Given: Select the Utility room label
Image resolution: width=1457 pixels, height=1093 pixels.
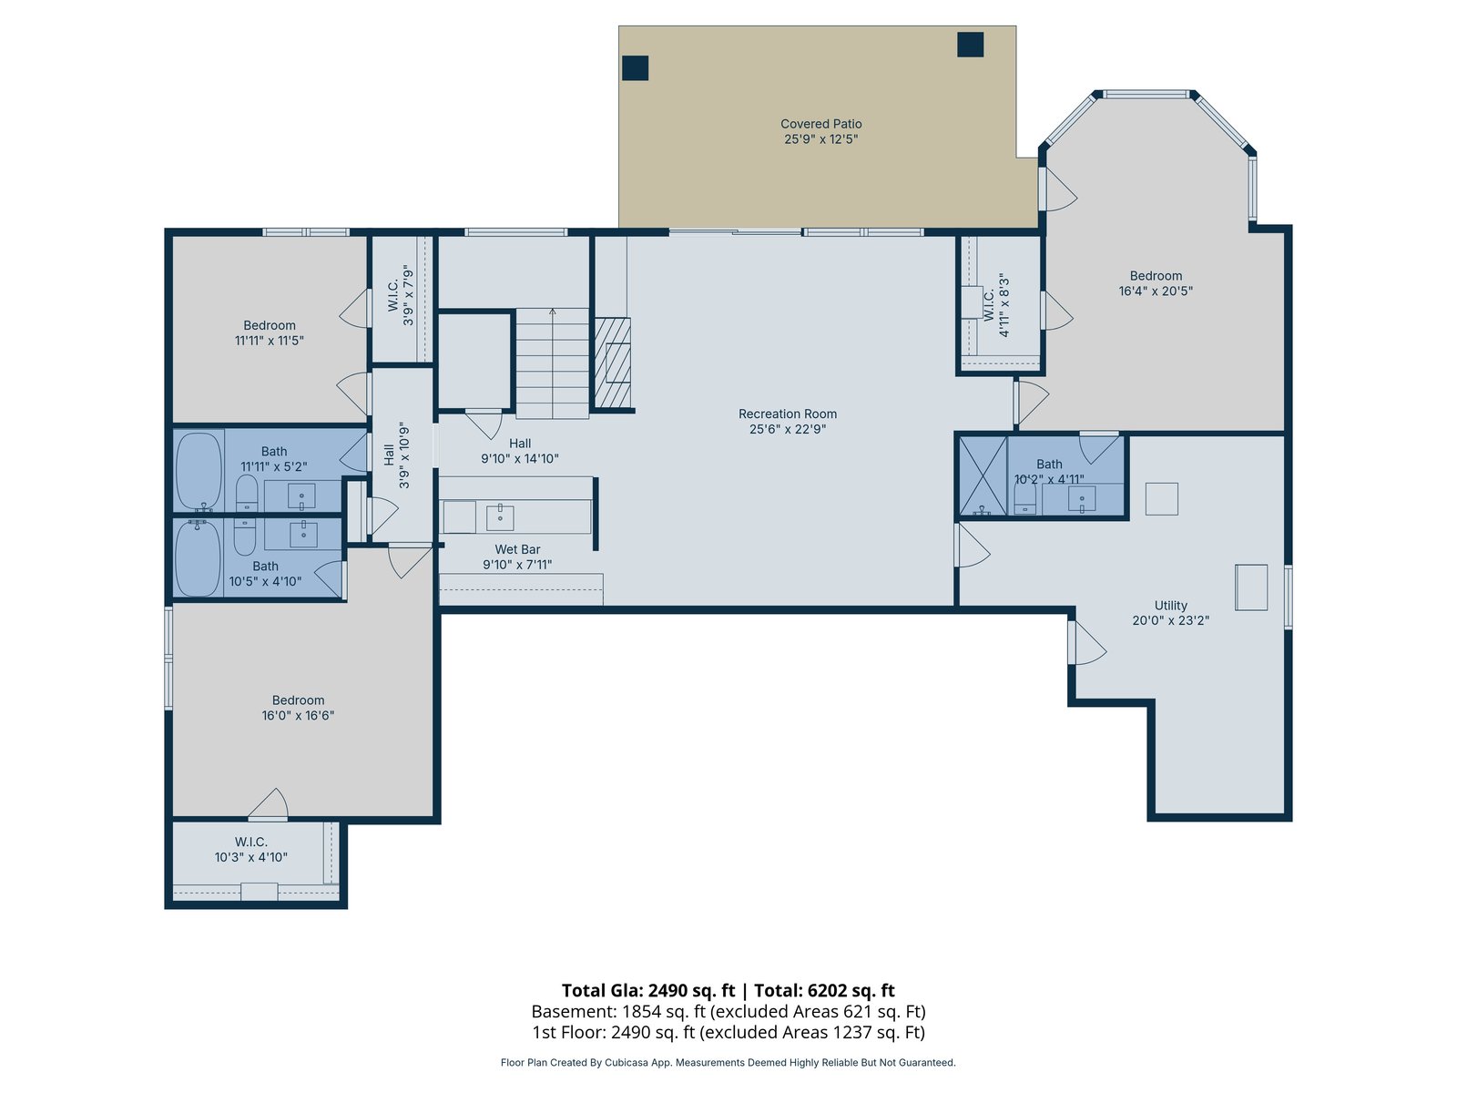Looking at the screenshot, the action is click(1170, 605).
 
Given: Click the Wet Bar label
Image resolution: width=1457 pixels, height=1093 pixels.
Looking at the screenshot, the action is click(517, 549).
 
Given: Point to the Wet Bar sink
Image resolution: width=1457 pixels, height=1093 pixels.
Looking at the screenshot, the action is click(500, 517).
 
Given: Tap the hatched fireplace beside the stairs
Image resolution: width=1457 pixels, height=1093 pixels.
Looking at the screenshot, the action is click(612, 363).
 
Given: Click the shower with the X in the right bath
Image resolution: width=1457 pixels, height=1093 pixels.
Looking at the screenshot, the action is click(983, 475).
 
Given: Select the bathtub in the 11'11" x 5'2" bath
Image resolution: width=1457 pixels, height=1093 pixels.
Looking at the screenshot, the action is click(199, 471).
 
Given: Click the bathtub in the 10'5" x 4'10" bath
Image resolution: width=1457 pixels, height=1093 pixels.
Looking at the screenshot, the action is click(197, 558).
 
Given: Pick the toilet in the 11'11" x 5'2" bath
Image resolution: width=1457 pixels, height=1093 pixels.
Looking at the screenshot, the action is click(247, 493).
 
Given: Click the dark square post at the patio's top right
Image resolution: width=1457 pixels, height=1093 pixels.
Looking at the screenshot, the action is click(970, 45).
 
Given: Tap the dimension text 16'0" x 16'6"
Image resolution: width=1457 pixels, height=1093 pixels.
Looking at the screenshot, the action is click(298, 715).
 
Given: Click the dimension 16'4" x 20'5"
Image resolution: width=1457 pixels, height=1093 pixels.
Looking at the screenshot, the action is click(1156, 291).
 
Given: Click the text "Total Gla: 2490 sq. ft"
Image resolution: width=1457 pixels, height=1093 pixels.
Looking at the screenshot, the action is click(648, 990).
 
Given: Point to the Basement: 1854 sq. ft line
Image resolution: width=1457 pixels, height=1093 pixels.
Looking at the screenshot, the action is click(728, 1011).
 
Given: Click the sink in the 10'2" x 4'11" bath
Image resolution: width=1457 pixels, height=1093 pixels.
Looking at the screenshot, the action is click(1082, 498).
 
